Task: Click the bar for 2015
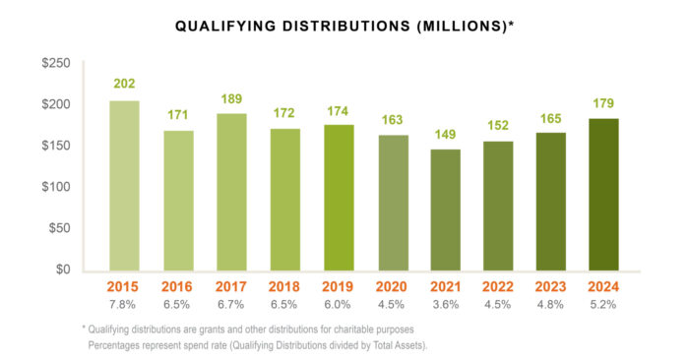coord(124,186)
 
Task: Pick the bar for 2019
coord(339,198)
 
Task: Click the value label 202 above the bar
coord(124,85)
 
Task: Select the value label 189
coord(231,98)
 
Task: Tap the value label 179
coord(603,102)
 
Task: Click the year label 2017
coord(231,287)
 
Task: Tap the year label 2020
coord(392,287)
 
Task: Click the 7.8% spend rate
coord(124,305)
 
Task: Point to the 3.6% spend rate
coord(445,305)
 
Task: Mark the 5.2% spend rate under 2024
coord(603,305)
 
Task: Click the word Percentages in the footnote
coord(118,345)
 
